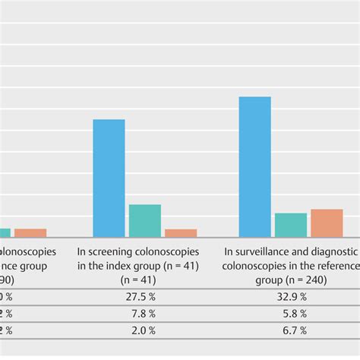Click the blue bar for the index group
[x=109, y=178]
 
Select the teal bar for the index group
[x=144, y=220]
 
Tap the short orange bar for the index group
[x=181, y=232]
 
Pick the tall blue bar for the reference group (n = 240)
[x=254, y=166]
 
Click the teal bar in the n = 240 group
[x=290, y=225]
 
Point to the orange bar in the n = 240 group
[x=327, y=223]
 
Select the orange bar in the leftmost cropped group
[x=30, y=232]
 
